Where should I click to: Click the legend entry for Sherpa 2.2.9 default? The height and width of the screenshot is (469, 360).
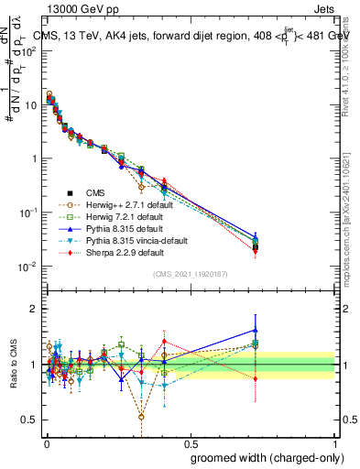[x=125, y=252]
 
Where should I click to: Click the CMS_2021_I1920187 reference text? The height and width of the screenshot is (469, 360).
[x=190, y=274]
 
